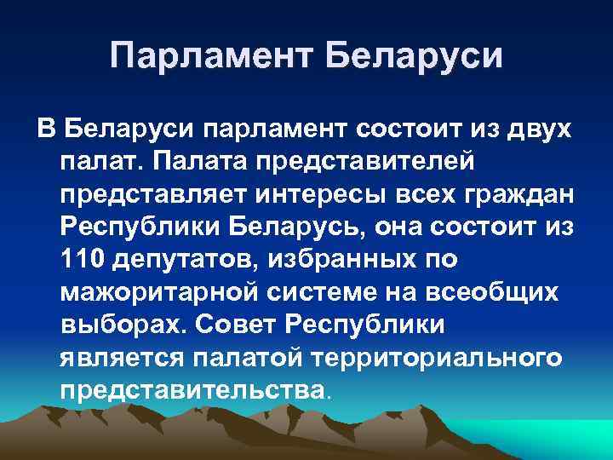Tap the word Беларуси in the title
click(x=415, y=56)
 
